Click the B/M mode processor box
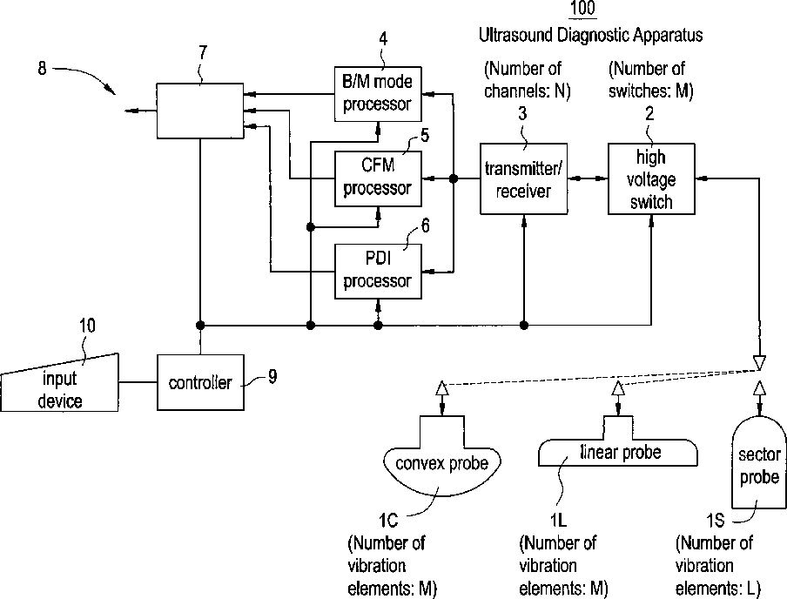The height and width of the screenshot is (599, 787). (378, 93)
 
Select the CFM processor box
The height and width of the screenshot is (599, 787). (378, 178)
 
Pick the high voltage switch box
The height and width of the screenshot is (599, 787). (651, 178)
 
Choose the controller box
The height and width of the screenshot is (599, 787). (200, 382)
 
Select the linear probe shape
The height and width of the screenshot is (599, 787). (619, 452)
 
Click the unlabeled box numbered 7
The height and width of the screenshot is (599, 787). (199, 110)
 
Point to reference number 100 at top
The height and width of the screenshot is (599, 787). (582, 10)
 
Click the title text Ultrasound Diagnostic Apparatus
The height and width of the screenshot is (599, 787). (590, 36)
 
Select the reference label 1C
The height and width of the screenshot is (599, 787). (388, 521)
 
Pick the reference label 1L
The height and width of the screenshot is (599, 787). (559, 521)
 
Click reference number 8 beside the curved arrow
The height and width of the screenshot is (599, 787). (43, 70)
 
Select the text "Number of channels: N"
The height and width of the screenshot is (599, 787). (522, 77)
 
